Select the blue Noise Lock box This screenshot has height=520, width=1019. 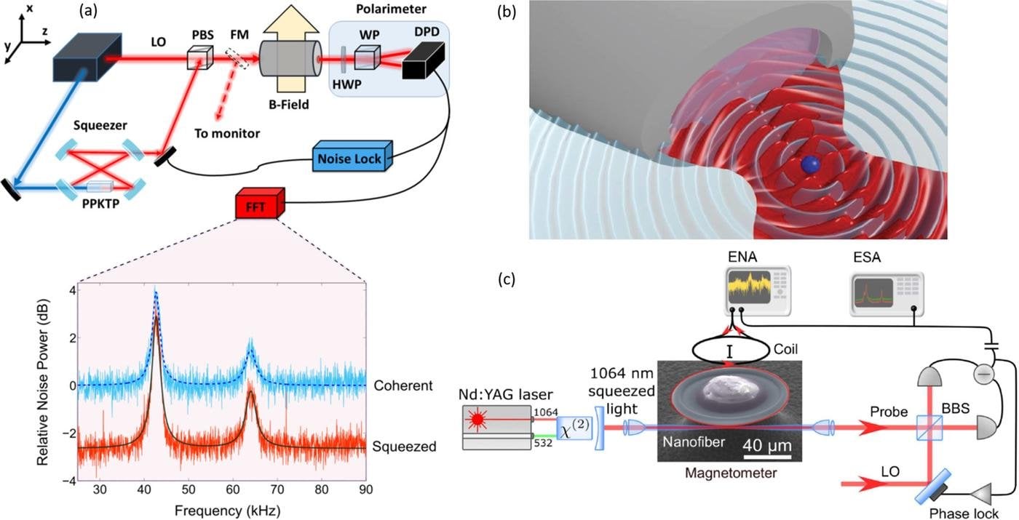(x=349, y=158)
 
